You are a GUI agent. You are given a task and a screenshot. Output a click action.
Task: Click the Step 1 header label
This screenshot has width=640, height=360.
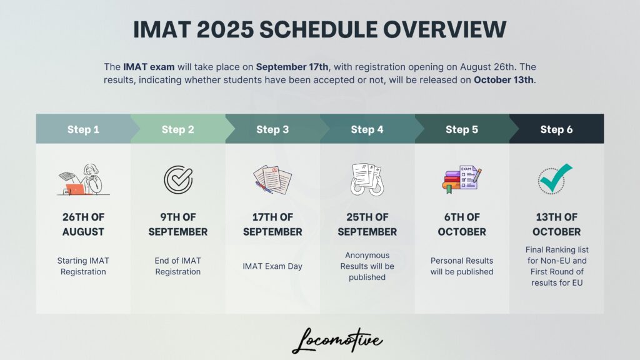point(83,129)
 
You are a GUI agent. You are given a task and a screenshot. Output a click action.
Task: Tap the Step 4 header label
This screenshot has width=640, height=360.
point(367,129)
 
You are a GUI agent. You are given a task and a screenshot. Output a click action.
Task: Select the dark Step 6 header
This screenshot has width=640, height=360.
point(556,129)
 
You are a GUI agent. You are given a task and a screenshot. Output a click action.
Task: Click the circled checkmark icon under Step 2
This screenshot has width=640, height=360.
point(178,179)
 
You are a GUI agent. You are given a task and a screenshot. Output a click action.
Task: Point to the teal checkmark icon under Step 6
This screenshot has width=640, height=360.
point(555,179)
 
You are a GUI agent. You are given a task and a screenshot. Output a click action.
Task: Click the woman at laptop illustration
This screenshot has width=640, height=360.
point(83,179)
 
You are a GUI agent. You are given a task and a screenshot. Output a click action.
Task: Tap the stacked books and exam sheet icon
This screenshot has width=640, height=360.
point(462,179)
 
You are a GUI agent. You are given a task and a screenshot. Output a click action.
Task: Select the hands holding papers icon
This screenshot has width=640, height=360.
point(367,179)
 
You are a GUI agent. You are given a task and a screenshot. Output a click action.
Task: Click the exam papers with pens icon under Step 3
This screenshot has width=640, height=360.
point(272,179)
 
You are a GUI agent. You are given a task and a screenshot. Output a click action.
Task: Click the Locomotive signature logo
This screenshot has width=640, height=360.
point(337,341)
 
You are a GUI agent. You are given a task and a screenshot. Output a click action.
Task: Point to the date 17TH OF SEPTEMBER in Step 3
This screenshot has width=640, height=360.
point(272,224)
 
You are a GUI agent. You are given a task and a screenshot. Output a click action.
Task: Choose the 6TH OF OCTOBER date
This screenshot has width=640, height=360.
point(462,224)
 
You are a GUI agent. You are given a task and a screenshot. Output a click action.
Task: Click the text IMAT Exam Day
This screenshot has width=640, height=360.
point(272,266)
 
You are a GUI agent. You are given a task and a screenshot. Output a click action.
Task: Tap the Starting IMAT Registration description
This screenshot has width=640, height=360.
point(83,266)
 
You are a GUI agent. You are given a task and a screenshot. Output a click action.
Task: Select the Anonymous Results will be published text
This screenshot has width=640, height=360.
point(367,266)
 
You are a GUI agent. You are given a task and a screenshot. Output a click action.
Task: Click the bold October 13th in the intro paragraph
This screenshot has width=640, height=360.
point(504,80)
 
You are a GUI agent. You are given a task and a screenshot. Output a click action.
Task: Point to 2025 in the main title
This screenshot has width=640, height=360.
point(225,30)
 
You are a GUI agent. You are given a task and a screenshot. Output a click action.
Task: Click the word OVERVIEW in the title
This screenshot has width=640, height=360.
point(444,30)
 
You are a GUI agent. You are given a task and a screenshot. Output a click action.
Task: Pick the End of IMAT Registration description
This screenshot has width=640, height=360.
point(178,266)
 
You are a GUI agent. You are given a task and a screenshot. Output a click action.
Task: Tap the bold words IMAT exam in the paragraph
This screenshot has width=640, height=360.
point(149,67)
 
